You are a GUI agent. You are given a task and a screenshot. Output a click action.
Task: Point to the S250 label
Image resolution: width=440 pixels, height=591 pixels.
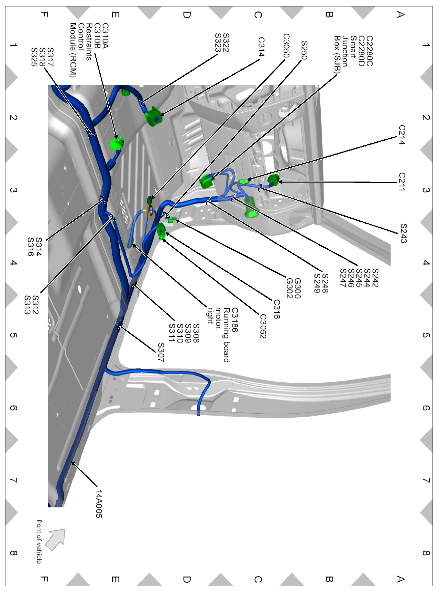pos(304,50)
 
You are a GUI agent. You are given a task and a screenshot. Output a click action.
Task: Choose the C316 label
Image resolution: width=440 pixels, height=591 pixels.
pos(276,309)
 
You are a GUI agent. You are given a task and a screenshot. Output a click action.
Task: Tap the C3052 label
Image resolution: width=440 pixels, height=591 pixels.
pos(263,326)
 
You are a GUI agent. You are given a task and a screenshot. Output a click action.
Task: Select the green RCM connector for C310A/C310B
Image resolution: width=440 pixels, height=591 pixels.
pos(117,144)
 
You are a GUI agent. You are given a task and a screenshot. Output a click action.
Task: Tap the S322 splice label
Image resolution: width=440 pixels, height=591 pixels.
pos(226,43)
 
